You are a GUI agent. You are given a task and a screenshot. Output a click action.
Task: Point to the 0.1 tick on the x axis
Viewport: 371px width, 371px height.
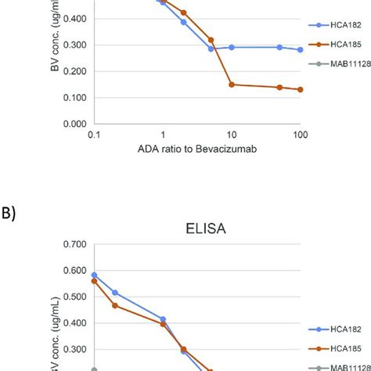(x=94, y=135)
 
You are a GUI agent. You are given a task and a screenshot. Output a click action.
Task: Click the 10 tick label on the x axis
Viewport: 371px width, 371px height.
(x=232, y=135)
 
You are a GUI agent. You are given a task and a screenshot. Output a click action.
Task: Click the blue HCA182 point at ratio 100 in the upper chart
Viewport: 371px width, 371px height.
(x=300, y=49)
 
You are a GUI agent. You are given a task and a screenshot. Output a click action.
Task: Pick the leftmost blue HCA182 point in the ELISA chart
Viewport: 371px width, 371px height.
(x=94, y=276)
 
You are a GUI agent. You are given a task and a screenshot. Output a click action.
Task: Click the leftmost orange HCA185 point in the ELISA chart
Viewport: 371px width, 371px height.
(x=94, y=281)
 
